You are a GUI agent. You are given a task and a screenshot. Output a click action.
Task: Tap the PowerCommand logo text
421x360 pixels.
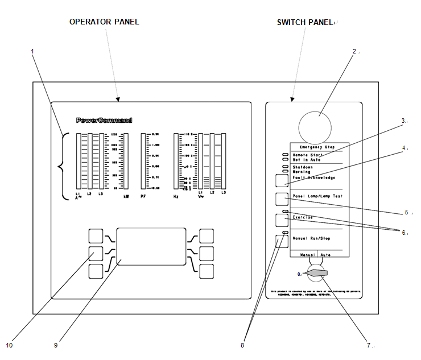104,121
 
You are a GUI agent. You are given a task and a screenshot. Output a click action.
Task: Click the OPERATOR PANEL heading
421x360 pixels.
104,22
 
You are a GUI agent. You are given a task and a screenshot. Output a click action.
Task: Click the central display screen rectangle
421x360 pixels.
151,246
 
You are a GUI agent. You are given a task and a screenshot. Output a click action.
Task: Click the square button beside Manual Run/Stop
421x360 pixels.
282,241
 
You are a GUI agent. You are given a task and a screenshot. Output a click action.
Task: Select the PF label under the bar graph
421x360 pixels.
144,196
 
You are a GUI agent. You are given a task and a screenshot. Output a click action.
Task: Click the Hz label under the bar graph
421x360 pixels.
176,196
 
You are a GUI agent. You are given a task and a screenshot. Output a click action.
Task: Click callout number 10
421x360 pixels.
9,345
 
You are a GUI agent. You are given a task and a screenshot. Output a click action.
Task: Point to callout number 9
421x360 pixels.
55,345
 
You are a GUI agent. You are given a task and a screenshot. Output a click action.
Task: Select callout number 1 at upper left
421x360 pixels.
32,51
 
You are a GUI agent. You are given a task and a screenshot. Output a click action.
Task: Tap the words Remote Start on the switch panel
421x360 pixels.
307,155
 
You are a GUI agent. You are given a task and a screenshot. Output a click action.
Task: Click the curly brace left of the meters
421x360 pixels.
62,165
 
